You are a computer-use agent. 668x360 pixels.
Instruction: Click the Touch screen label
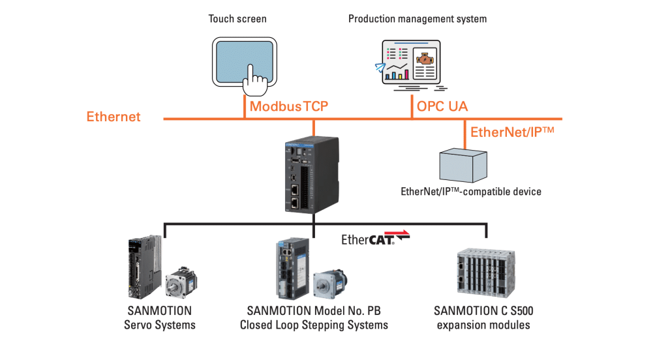tap(237, 19)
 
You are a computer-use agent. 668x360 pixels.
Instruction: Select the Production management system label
tap(417, 19)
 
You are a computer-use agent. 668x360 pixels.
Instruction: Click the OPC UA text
tap(442, 106)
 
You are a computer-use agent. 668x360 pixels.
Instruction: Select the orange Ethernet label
tap(114, 117)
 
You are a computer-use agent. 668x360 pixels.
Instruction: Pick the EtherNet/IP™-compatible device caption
tap(471, 192)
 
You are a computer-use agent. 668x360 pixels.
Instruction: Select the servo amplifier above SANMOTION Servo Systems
tap(144, 267)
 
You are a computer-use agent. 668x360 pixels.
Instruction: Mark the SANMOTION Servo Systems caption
tap(160, 318)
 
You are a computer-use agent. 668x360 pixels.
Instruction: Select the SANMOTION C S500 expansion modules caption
tap(483, 318)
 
